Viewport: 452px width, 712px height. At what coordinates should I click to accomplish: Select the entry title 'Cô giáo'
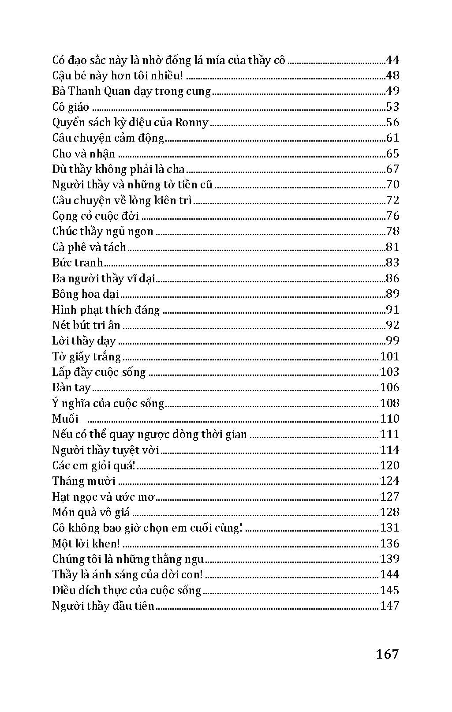coord(71,107)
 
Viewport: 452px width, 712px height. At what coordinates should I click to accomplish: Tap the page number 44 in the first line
coord(392,60)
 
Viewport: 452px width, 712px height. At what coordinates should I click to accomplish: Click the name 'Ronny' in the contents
coord(191,122)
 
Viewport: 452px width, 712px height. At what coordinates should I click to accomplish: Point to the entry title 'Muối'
coord(65,419)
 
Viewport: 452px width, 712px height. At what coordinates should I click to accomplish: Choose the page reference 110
coord(389,419)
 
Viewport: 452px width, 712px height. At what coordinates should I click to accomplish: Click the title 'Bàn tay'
coord(71,388)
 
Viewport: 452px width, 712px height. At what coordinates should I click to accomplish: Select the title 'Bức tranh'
coord(78,263)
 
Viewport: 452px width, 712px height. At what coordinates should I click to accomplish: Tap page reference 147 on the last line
coord(389,606)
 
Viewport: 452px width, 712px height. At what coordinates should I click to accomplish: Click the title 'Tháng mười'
coord(84,481)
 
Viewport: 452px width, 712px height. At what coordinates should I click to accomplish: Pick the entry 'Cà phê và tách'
coord(89,247)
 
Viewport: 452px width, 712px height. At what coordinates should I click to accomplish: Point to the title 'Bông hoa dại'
coord(86,294)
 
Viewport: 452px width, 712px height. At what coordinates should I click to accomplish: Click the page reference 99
coord(392,341)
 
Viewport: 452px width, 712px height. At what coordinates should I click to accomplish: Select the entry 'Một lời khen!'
coord(86,543)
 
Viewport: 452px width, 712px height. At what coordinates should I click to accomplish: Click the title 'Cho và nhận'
coord(83,154)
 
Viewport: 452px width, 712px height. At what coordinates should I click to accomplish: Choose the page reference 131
coord(389,528)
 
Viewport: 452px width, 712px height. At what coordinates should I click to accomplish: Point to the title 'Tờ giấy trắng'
coord(86,356)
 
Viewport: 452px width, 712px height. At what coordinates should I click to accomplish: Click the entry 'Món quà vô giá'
coord(91,512)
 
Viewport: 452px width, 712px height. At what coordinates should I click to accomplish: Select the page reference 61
coord(392,138)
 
